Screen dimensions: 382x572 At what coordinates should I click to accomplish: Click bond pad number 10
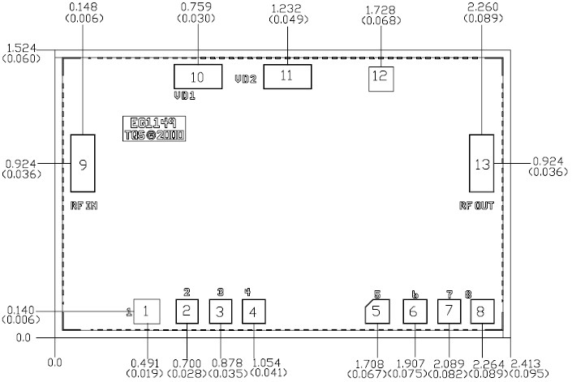(198, 78)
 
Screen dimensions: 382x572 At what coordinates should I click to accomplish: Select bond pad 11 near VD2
(287, 77)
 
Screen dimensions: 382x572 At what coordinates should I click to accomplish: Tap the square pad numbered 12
(381, 77)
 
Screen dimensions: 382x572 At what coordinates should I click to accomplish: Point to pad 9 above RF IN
(84, 164)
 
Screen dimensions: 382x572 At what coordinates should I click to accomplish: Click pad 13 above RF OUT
(482, 164)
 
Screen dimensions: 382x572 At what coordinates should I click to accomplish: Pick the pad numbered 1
(146, 311)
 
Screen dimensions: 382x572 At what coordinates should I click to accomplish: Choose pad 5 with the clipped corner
(376, 311)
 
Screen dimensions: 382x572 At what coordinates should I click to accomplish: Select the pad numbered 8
(481, 311)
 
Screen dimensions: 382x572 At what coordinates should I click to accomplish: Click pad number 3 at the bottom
(220, 311)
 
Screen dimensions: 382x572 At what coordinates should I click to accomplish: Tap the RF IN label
(84, 206)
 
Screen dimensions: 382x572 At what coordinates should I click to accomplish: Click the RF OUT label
(476, 206)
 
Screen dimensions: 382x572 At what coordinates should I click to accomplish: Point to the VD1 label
(185, 96)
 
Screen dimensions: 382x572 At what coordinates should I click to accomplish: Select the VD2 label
(246, 79)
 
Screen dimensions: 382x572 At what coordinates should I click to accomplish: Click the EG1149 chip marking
(153, 124)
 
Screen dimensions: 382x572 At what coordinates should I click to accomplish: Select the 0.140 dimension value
(19, 311)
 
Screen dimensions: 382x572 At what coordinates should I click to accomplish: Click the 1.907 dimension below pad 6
(413, 363)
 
